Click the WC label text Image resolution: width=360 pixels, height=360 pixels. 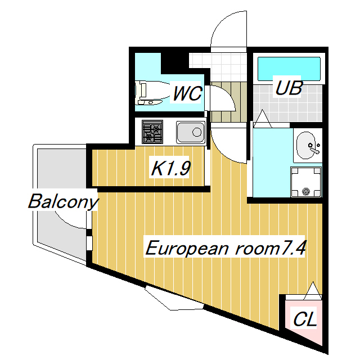(187, 93)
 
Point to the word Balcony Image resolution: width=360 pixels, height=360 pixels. (63, 201)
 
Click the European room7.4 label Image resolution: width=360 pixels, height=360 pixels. (226, 248)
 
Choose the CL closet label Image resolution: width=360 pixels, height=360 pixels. (305, 319)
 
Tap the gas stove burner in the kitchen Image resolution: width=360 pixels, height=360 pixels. (152, 133)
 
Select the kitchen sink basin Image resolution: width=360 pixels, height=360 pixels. (190, 133)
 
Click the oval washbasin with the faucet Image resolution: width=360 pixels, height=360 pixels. (308, 146)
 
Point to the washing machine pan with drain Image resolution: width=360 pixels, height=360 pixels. (307, 182)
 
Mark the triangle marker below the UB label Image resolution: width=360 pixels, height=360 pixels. (261, 118)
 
